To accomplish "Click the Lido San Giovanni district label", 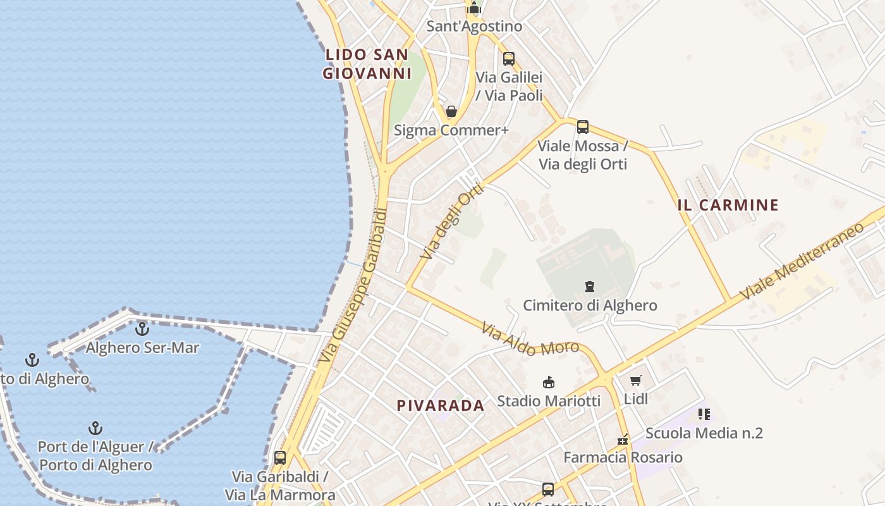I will click(367, 64).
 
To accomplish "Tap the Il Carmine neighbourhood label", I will click(728, 205).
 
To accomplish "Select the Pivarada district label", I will click(441, 405).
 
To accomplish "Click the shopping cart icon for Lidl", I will click(636, 380).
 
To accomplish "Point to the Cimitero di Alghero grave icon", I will click(590, 287).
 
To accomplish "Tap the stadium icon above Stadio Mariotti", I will click(549, 382).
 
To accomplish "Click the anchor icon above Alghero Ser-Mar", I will click(142, 329).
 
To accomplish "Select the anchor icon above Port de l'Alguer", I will click(95, 428).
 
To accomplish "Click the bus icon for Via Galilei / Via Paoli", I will click(509, 59).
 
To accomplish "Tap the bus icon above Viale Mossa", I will click(583, 127).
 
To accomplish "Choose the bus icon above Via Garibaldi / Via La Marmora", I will click(280, 457).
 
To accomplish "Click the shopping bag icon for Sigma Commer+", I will click(451, 112).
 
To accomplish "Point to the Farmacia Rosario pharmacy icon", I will click(623, 439).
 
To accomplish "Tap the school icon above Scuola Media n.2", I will click(704, 414).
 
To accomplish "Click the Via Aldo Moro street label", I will click(530, 340).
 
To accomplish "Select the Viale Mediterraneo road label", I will click(802, 262).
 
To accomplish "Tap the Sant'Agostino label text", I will click(474, 26).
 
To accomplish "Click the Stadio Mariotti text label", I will click(549, 400).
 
